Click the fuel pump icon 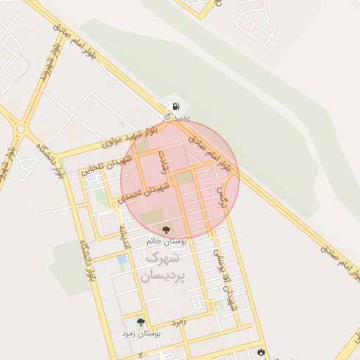(x=175, y=106)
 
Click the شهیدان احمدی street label (x=144, y=190)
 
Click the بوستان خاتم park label (x=167, y=240)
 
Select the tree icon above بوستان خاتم (x=167, y=229)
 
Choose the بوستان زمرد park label (x=141, y=333)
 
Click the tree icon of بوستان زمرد (x=141, y=322)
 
